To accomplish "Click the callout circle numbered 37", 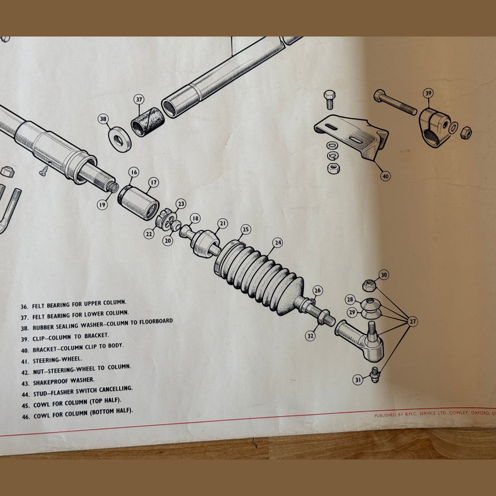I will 139,99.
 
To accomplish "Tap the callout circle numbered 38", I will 103,119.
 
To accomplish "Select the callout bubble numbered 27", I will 413,321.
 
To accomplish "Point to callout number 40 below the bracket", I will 385,176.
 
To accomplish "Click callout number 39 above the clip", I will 428,93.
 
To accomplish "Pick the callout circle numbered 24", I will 277,243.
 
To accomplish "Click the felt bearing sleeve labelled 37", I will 147,122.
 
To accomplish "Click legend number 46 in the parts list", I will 25,416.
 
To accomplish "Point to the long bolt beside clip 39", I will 395,103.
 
